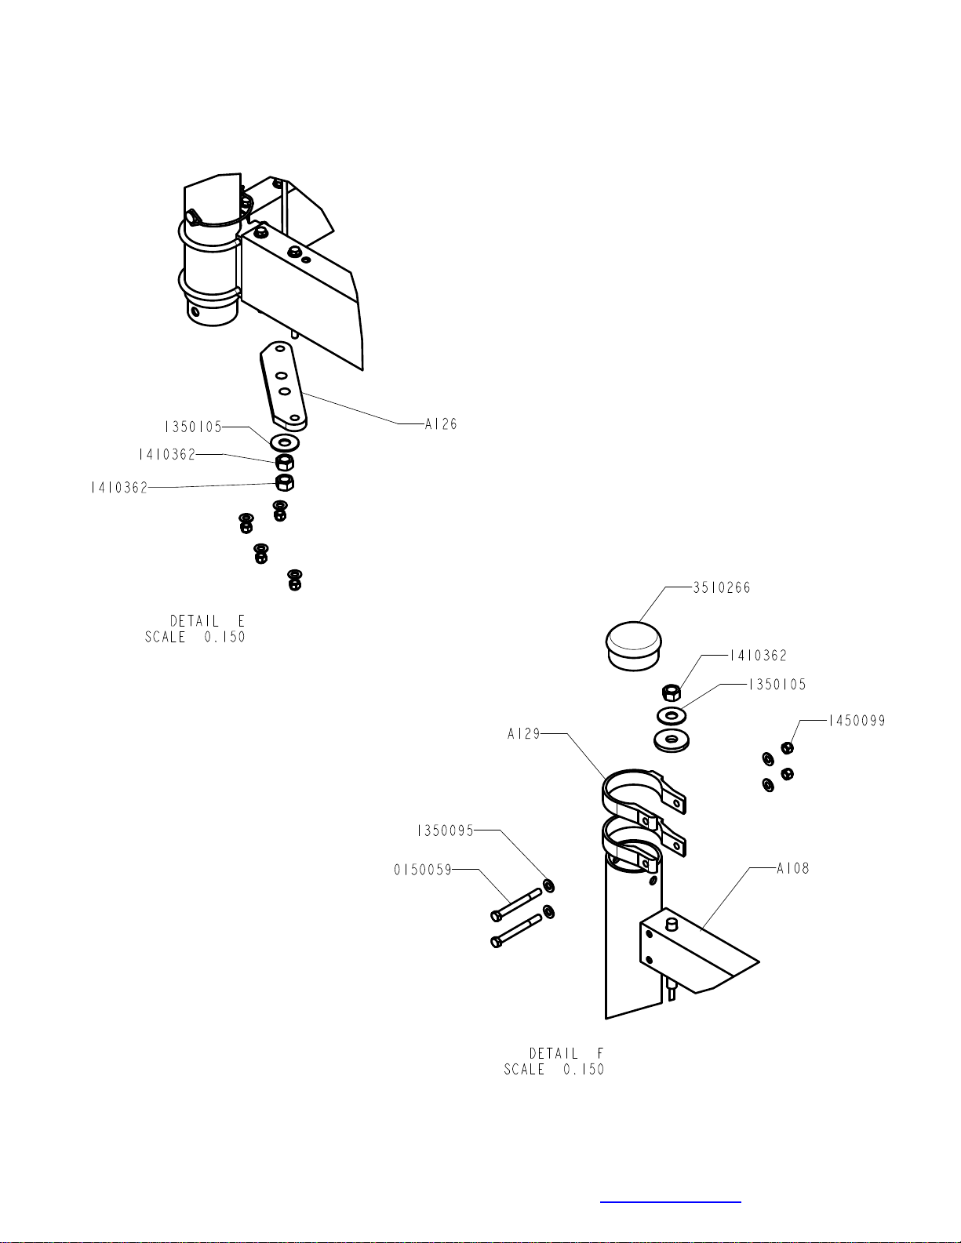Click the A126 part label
(x=440, y=423)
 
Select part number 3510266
(x=721, y=587)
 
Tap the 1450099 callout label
(x=857, y=721)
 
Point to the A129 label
(x=524, y=733)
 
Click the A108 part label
(x=793, y=868)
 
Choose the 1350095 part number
(x=446, y=830)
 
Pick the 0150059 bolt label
(x=423, y=870)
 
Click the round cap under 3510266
(x=634, y=646)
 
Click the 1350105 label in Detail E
(x=193, y=427)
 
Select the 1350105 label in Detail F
(x=777, y=684)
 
